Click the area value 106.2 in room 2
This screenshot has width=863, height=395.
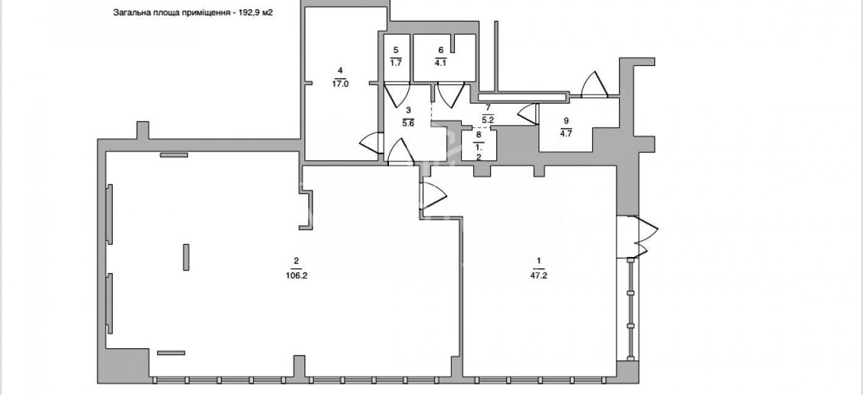coord(297,275)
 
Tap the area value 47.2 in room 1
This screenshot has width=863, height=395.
coord(539,275)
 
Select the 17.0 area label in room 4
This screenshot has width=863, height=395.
coord(340,84)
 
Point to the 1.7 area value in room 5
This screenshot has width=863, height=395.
coord(396,63)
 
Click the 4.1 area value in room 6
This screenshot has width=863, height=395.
coord(440,63)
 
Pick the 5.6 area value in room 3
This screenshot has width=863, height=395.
coord(408,124)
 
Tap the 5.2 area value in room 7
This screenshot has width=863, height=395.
coord(488,120)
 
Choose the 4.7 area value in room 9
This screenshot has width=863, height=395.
coord(566,134)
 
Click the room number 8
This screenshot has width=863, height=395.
coord(479,135)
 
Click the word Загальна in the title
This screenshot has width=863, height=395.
coord(129,12)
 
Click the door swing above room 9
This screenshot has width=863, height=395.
coord(594,84)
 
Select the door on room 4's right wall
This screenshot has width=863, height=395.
coord(371,143)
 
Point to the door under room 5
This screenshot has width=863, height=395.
coord(397,95)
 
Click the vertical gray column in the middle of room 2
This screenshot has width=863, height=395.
coord(186,257)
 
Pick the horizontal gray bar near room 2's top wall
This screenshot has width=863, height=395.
coord(174,155)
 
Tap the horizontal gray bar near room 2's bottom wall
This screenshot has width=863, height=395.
coord(171,352)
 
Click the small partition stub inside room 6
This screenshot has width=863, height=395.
coord(453,44)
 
